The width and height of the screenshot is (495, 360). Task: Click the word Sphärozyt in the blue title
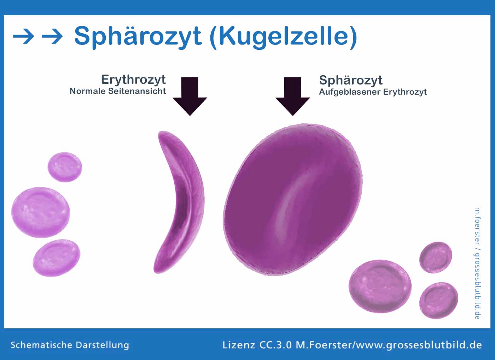click(138, 37)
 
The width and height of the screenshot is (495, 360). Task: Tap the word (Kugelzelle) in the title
click(283, 37)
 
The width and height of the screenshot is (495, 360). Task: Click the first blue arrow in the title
click(23, 36)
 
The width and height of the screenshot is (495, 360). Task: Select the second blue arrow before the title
click(52, 36)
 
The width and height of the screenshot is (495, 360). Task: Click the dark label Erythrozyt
click(133, 80)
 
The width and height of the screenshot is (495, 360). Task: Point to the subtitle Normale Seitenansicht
click(117, 91)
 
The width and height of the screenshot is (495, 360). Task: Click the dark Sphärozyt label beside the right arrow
click(351, 80)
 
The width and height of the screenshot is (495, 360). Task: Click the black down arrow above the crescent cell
click(190, 96)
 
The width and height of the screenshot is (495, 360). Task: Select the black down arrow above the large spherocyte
click(293, 96)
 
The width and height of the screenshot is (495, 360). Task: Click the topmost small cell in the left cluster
click(65, 167)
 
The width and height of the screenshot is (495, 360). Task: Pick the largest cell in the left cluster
click(41, 212)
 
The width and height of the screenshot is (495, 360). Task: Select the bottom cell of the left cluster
click(57, 258)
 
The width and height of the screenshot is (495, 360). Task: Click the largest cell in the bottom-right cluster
click(380, 286)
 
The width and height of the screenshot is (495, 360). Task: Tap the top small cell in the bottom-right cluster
click(436, 257)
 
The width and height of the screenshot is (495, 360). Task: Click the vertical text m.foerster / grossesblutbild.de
click(477, 263)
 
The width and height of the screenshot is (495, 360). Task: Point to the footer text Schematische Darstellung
click(70, 345)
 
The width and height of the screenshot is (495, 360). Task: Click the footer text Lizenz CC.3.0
click(257, 345)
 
